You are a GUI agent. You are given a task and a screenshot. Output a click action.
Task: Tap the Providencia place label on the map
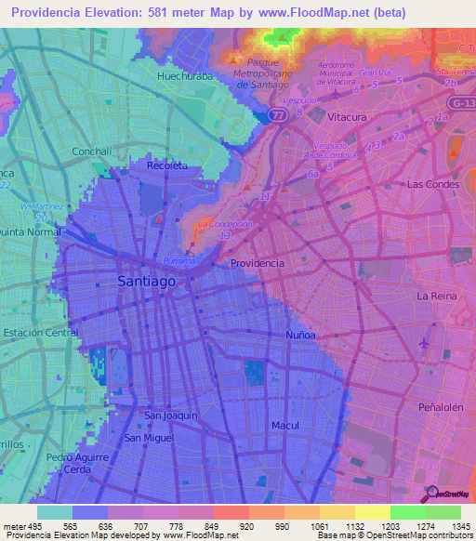258,263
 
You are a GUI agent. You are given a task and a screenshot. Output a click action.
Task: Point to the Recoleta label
167,165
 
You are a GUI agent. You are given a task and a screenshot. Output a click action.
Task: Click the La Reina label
434,296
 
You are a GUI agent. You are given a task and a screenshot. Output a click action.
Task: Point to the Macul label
284,425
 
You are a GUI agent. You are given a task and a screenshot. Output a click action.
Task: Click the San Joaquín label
171,416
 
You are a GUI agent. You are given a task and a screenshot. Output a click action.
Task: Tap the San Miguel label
149,437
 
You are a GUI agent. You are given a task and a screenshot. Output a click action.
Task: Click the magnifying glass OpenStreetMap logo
431,493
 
